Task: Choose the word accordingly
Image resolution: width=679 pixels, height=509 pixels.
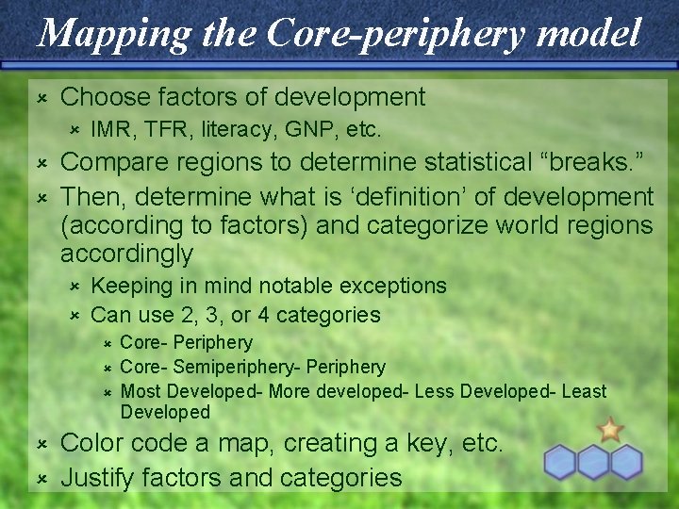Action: pos(126,254)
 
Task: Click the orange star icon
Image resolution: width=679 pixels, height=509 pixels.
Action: pos(610,431)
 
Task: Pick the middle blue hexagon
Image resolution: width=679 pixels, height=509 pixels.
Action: pos(594,462)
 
